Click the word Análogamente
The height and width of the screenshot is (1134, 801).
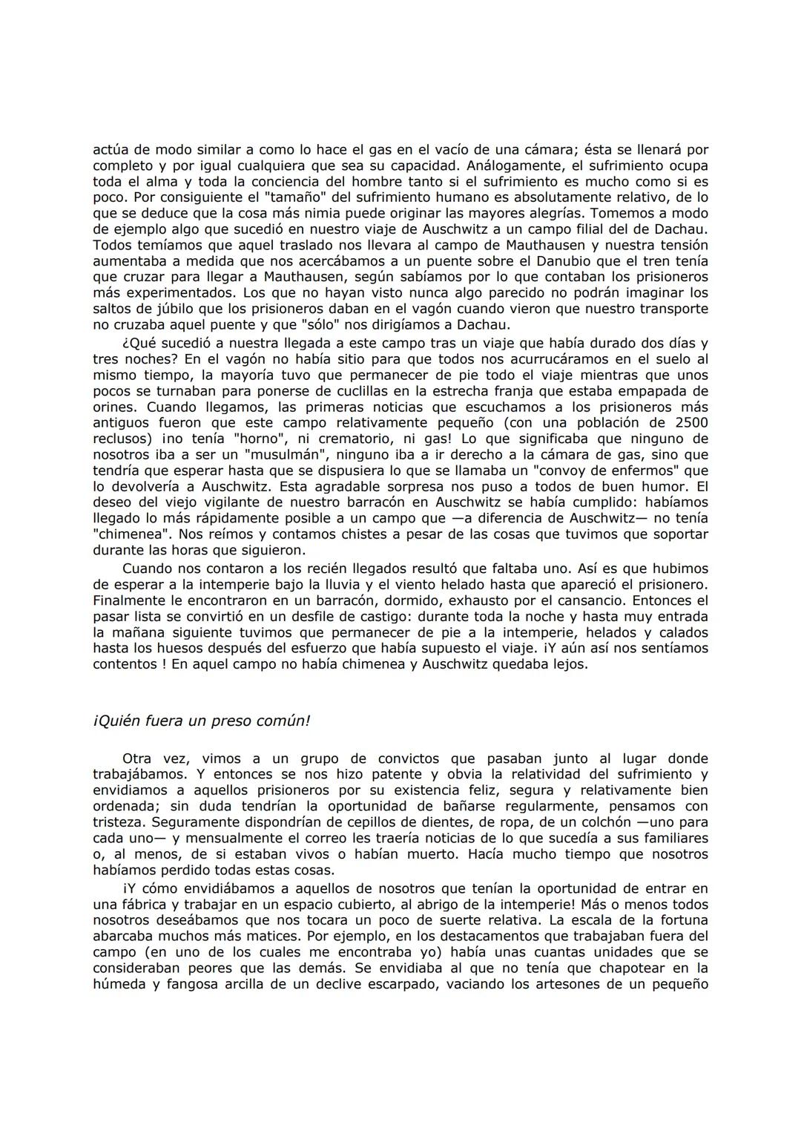pos(511,165)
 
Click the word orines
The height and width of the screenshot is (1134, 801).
pos(116,407)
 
